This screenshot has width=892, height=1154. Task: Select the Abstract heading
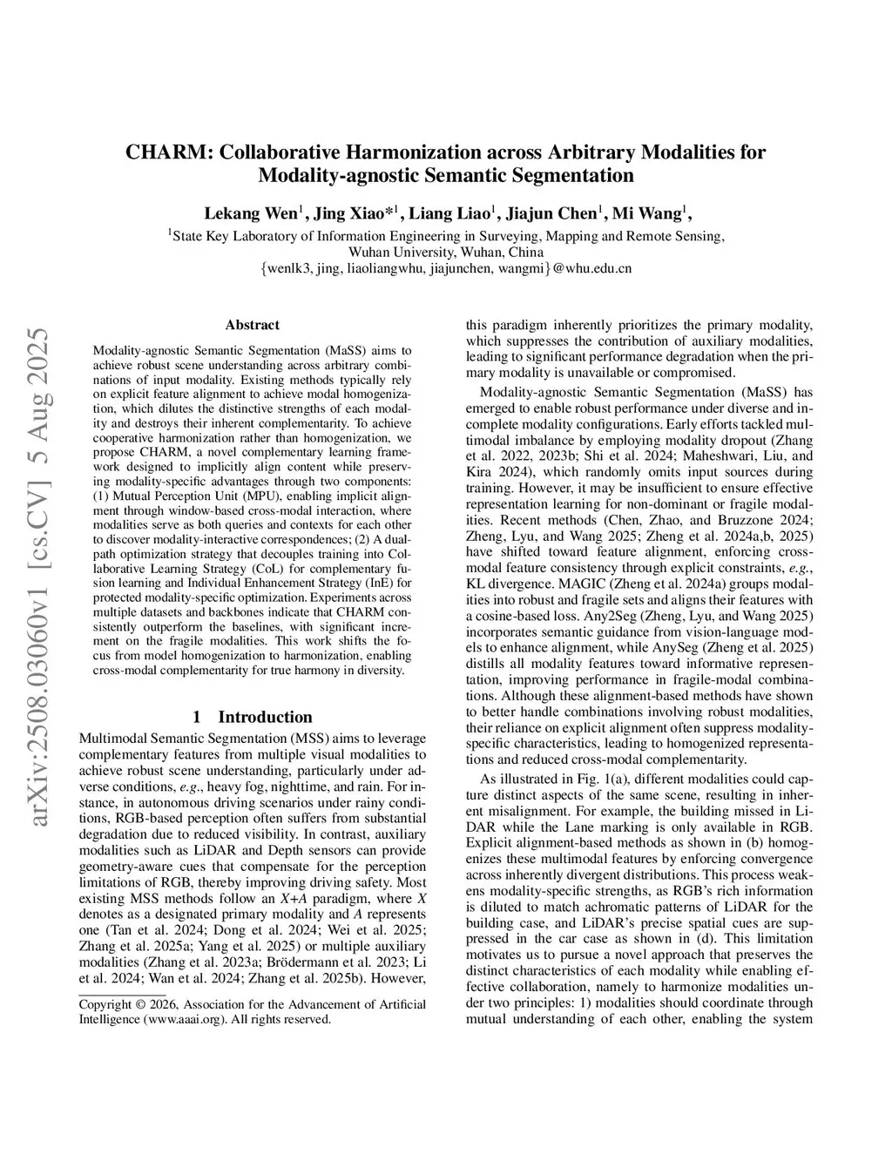click(252, 325)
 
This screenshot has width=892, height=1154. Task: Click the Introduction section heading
click(265, 717)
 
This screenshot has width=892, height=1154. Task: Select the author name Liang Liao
click(449, 214)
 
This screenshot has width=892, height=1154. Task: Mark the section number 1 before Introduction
click(197, 717)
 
